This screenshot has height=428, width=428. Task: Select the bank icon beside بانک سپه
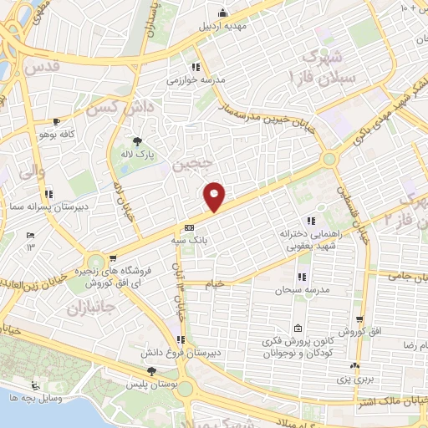click(189, 227)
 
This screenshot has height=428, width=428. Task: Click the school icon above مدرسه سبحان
click(301, 277)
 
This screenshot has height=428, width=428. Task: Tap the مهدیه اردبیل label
click(224, 26)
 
